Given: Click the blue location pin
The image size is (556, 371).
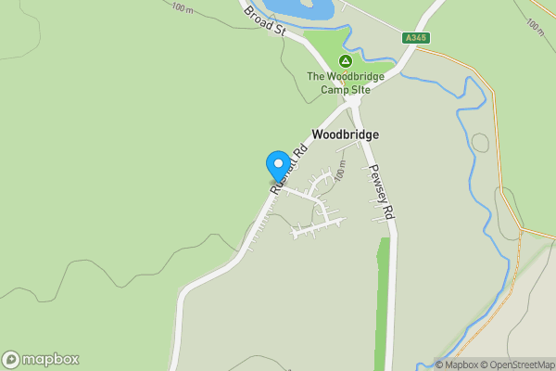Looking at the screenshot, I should pos(277,165).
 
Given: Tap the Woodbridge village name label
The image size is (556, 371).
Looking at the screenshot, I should pos(345,134).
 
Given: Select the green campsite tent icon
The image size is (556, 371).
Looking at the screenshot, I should pos(345,60).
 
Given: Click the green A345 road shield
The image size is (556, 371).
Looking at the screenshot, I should pos(416,38).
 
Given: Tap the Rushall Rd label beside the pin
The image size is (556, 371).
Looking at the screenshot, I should pos(289,167).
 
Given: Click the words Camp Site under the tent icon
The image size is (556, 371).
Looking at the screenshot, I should pos(339,89).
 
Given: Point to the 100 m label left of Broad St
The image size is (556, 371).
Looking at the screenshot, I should pos(183,8).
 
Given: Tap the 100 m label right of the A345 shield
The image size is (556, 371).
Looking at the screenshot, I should pos(536,24).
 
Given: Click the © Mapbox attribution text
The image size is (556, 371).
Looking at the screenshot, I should pos(458,364).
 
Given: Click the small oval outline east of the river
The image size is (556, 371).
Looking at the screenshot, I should pos(480,143).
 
